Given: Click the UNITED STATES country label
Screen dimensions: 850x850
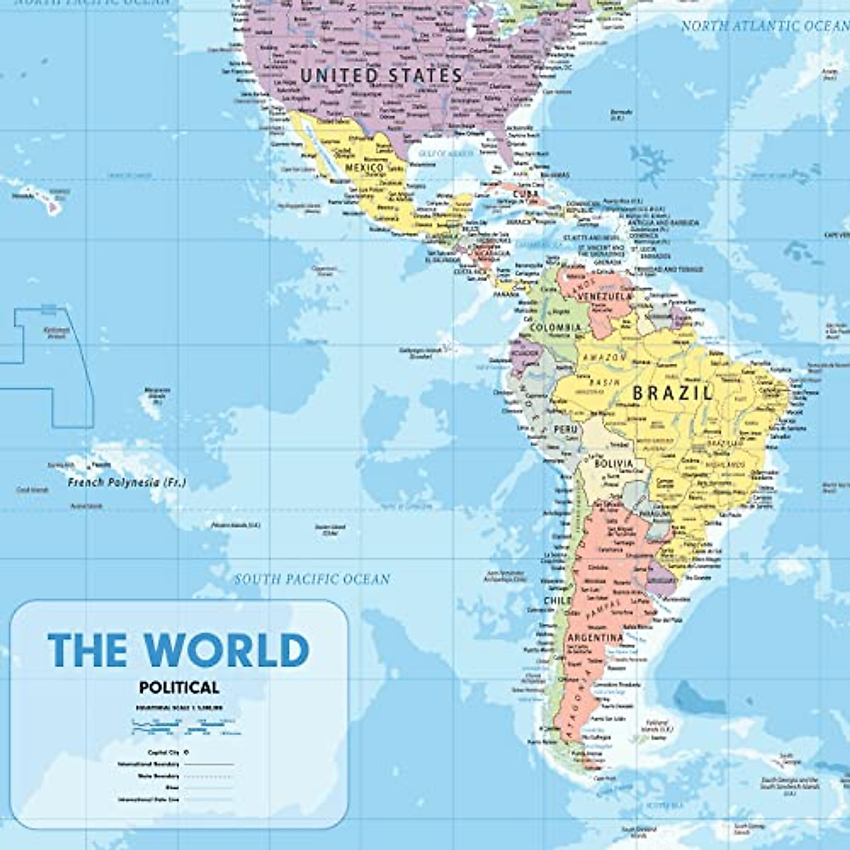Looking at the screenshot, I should (381, 75).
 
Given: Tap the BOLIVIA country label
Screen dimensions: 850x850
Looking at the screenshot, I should (613, 464).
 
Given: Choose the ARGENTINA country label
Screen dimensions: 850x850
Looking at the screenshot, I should (594, 638).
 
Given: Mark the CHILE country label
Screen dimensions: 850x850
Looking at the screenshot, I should (557, 601).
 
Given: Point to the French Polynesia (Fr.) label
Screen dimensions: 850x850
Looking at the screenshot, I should (127, 483).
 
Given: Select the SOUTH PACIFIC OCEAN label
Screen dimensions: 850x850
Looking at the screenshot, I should (312, 579).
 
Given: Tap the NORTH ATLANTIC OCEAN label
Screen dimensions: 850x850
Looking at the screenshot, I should (764, 26).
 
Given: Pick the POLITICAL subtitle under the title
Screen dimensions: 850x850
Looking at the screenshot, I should (179, 686).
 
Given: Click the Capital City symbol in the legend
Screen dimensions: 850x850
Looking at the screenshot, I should (186, 752).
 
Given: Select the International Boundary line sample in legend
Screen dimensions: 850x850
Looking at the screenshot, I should (209, 765).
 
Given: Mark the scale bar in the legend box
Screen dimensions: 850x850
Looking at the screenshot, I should (186, 724).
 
